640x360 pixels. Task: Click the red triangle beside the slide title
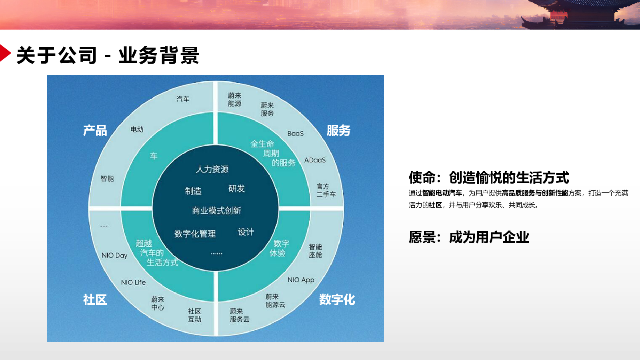(4, 53)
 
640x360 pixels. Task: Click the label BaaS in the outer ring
(296, 134)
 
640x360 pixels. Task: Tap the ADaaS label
(315, 160)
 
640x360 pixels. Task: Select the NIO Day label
(114, 256)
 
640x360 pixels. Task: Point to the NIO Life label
(134, 282)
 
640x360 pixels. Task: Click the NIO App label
(301, 280)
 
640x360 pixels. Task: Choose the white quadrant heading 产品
(95, 130)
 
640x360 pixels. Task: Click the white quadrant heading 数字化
(337, 300)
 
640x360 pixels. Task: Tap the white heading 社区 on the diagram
(95, 300)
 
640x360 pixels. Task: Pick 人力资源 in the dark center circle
(212, 169)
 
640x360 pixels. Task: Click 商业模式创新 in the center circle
(216, 210)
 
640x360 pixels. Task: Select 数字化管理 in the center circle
(195, 234)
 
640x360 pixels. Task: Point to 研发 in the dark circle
(236, 188)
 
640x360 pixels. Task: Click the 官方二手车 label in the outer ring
(326, 190)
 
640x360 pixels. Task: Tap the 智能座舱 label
(316, 250)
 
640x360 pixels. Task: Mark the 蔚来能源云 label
(275, 301)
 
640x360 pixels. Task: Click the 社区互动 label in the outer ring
(194, 315)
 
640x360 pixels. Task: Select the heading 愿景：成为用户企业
(469, 237)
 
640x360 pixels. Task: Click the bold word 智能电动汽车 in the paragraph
(442, 193)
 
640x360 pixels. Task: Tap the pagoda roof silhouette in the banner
(580, 13)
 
